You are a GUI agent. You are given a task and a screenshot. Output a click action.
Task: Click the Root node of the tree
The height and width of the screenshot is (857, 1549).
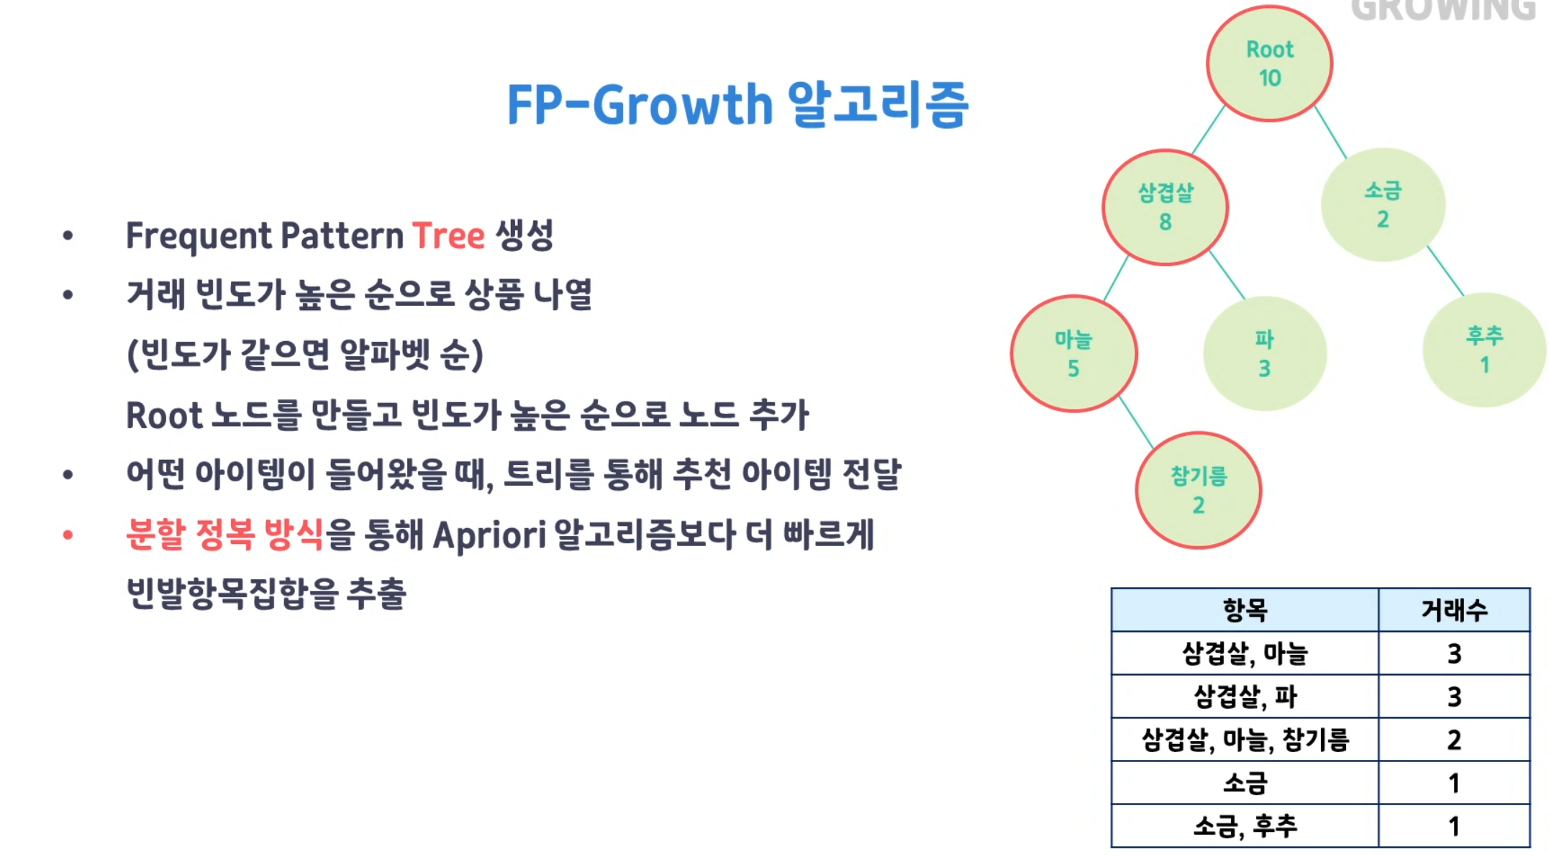click(1270, 63)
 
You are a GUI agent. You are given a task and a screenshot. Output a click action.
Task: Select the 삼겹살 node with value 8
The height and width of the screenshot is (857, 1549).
click(1166, 207)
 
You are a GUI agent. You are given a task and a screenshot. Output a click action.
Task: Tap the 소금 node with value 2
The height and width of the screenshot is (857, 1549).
click(1383, 205)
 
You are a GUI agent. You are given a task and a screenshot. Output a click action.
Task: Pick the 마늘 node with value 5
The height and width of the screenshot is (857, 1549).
click(1073, 353)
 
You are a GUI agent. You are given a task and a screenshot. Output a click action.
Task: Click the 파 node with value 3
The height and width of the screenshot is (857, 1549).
click(1265, 353)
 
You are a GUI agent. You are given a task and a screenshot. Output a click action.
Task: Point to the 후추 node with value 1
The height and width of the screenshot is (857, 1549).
click(1485, 350)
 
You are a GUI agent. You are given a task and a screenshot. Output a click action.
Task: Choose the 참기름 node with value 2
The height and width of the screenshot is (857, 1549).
click(1199, 490)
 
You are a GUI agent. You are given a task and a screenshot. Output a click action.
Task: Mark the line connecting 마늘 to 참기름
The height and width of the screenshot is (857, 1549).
click(1136, 422)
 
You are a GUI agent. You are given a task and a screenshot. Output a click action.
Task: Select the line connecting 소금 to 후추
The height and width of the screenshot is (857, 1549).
click(1445, 271)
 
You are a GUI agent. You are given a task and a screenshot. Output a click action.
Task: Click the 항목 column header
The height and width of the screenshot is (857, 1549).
click(1245, 610)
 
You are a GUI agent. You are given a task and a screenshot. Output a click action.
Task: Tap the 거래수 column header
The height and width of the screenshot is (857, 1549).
click(1454, 610)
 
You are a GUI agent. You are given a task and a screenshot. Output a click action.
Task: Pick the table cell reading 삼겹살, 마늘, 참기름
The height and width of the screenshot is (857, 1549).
click(1245, 740)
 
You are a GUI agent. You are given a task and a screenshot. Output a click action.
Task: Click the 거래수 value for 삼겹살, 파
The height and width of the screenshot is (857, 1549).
click(1454, 697)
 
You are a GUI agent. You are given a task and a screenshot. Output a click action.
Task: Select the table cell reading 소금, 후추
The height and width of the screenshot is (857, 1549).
click(1245, 826)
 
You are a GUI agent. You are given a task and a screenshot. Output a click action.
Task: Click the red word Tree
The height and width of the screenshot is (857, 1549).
click(448, 235)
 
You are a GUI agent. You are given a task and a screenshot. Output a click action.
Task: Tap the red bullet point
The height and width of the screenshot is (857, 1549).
click(68, 535)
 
